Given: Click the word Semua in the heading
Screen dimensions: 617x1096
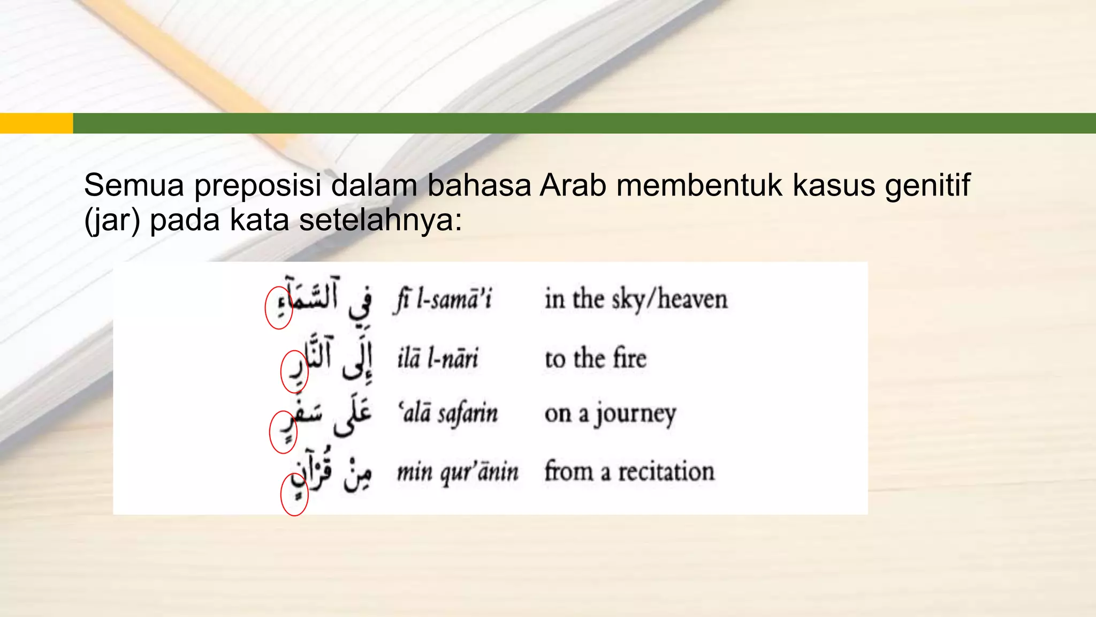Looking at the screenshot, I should tap(134, 185).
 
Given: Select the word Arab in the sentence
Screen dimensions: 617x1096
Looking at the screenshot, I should tap(573, 185).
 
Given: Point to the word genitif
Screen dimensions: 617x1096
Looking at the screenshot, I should tap(927, 185).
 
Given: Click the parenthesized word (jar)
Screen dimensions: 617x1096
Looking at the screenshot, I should tap(112, 220).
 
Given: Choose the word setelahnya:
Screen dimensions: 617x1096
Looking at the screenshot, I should tap(380, 220).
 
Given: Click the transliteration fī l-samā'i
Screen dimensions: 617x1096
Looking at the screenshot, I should tap(443, 299).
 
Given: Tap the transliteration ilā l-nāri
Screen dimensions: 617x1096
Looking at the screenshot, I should tap(437, 358).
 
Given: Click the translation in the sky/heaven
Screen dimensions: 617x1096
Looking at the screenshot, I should tap(636, 299).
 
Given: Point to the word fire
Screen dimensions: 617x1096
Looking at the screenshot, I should tap(629, 358).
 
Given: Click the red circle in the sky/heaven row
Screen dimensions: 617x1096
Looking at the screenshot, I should tap(278, 307).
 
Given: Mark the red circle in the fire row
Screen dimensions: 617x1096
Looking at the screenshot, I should tap(294, 372).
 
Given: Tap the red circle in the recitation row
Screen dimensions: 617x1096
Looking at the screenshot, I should tap(294, 495).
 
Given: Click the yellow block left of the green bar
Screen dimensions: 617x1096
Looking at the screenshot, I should tap(36, 123).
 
